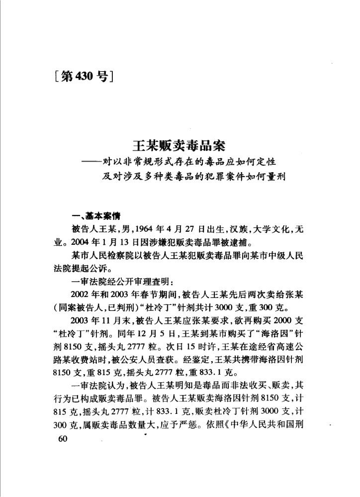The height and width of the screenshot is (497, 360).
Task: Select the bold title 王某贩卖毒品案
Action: (179, 145)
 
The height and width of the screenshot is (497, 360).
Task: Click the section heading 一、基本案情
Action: (94, 216)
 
